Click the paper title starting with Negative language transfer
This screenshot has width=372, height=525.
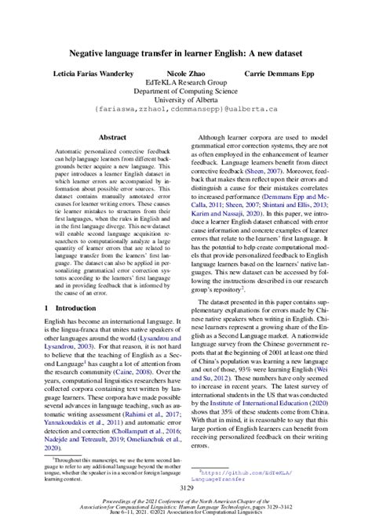pos(186,52)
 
